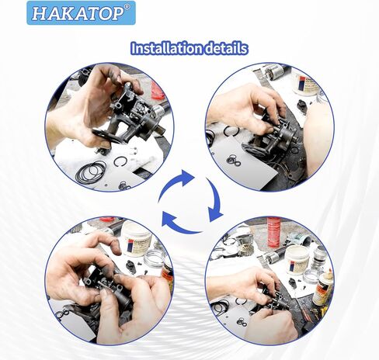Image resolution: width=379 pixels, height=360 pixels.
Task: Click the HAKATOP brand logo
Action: [79, 12]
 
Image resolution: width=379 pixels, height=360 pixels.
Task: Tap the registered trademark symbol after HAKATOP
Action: [128, 8]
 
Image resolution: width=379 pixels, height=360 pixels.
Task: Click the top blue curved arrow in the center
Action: [184, 177]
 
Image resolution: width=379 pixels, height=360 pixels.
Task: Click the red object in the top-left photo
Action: [157, 91]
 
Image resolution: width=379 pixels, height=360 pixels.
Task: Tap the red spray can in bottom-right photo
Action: [273, 231]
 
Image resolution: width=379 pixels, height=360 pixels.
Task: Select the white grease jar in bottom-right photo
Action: [297, 258]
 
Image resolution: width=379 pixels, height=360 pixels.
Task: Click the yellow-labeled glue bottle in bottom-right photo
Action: [322, 287]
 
